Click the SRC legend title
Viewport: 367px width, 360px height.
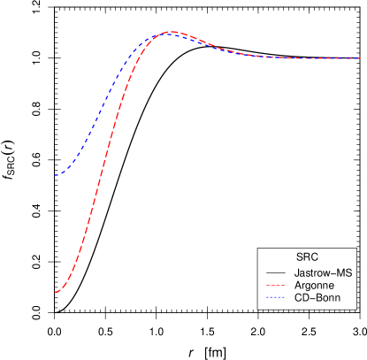(x=307, y=257)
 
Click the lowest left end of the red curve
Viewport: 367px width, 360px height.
(x=55, y=292)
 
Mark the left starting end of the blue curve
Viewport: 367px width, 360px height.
(x=55, y=175)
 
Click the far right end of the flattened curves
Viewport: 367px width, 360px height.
(x=361, y=58)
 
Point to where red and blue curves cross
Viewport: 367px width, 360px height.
(x=161, y=34)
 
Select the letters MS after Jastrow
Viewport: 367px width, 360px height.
(x=345, y=273)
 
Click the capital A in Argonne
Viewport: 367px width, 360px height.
(x=297, y=287)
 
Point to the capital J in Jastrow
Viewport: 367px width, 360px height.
(x=296, y=273)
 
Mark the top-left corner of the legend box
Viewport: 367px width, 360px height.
(x=258, y=247)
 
